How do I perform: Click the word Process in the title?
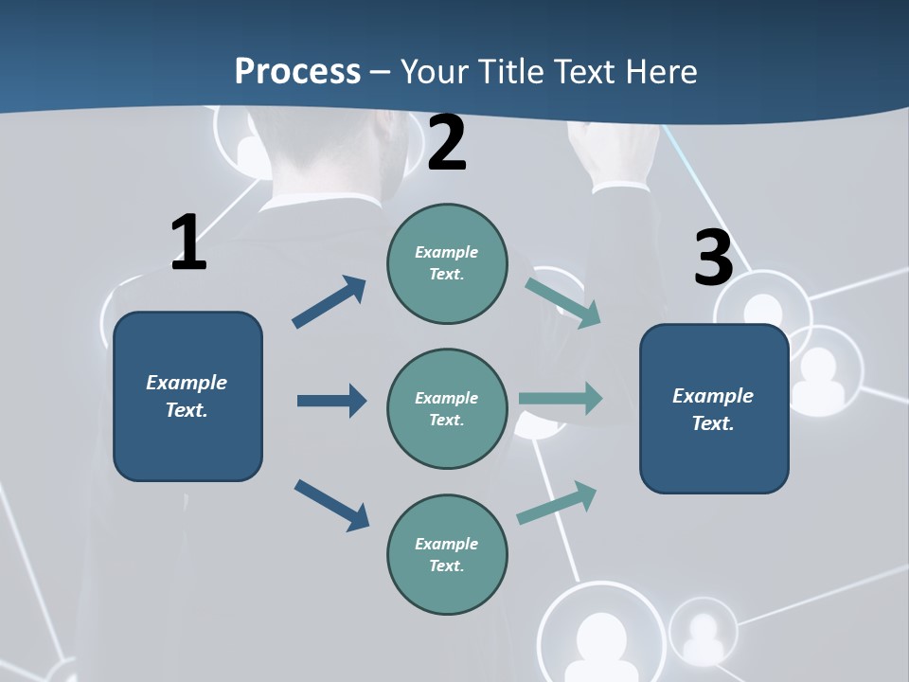coord(297,72)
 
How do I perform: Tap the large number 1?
coord(188,242)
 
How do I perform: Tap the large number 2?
coord(447,144)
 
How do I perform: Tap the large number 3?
coord(713,258)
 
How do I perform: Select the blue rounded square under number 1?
coord(187,396)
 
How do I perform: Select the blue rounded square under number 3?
coord(714,408)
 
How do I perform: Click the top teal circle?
coord(447,263)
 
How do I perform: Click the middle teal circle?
coord(447,408)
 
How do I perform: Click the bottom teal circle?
coord(447,554)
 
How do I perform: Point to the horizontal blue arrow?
coord(331,401)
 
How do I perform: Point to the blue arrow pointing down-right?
coord(332,505)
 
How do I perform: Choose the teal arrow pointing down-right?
coord(562,302)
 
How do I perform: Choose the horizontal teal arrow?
coord(561,398)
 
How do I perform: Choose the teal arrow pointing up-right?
coord(558,502)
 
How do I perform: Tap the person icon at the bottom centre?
coord(600,637)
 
